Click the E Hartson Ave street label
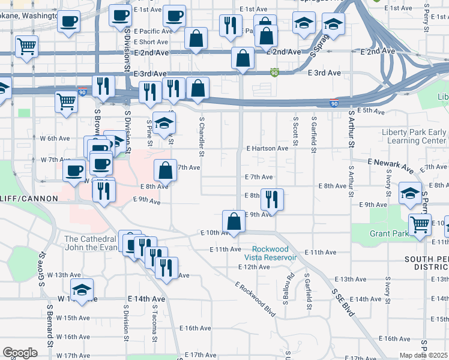pyautogui.click(x=267, y=148)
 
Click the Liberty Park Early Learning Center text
pyautogui.click(x=414, y=136)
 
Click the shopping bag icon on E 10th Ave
pyautogui.click(x=234, y=221)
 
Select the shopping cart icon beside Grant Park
pyautogui.click(x=420, y=224)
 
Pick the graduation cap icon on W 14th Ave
pyautogui.click(x=82, y=290)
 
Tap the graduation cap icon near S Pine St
pyautogui.click(x=164, y=123)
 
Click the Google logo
pyautogui.click(x=20, y=353)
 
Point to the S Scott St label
pyautogui.click(x=295, y=134)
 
